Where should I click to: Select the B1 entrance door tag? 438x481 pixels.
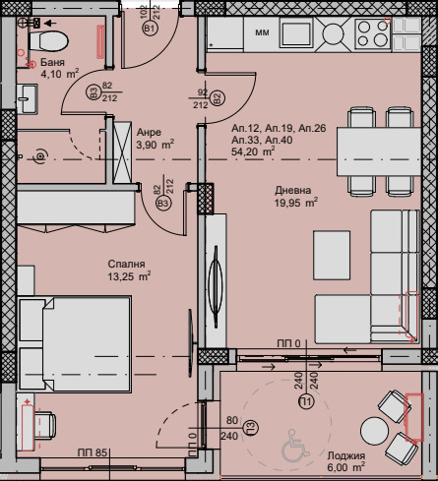pyautogui.click(x=150, y=30)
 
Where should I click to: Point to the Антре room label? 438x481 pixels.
pyautogui.click(x=150, y=132)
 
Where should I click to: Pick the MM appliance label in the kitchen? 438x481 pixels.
pyautogui.click(x=262, y=33)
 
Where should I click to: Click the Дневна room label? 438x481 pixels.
pyautogui.click(x=294, y=191)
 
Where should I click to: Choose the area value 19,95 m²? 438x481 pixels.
pyautogui.click(x=295, y=204)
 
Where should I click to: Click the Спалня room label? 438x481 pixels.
pyautogui.click(x=127, y=265)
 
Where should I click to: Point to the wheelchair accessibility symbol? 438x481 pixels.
pyautogui.click(x=292, y=451)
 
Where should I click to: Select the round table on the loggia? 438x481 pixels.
pyautogui.click(x=376, y=431)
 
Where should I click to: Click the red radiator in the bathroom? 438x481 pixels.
pyautogui.click(x=98, y=41)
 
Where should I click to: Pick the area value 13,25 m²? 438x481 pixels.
pyautogui.click(x=130, y=277)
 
